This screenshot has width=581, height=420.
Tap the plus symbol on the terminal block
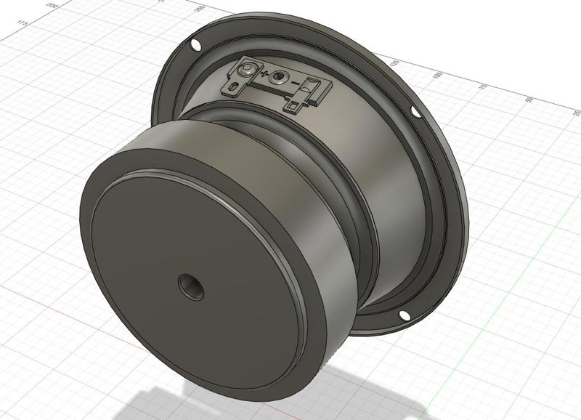pos(264,75)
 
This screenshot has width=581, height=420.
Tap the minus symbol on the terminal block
pos(295,85)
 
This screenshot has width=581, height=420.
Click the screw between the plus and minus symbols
pos(280,80)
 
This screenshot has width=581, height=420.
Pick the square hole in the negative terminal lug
pos(292,108)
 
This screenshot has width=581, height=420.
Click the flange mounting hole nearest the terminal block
pos(195,46)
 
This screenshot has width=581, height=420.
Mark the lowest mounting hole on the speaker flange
pos(402,315)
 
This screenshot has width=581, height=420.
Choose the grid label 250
pos(199,9)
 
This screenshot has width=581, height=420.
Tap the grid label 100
pos(437,75)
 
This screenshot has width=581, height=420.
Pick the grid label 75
pos(483,86)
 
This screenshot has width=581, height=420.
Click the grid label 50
pos(530,100)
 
